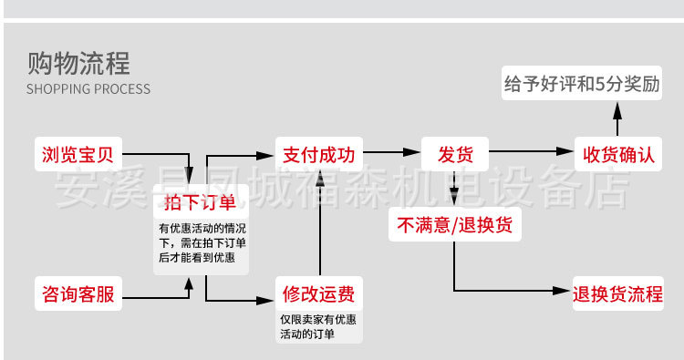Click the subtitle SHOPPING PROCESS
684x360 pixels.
tap(88, 89)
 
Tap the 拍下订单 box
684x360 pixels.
tap(200, 201)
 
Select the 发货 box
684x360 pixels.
tap(453, 153)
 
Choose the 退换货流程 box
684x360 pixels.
tap(617, 293)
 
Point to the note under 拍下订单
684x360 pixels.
tap(202, 242)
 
